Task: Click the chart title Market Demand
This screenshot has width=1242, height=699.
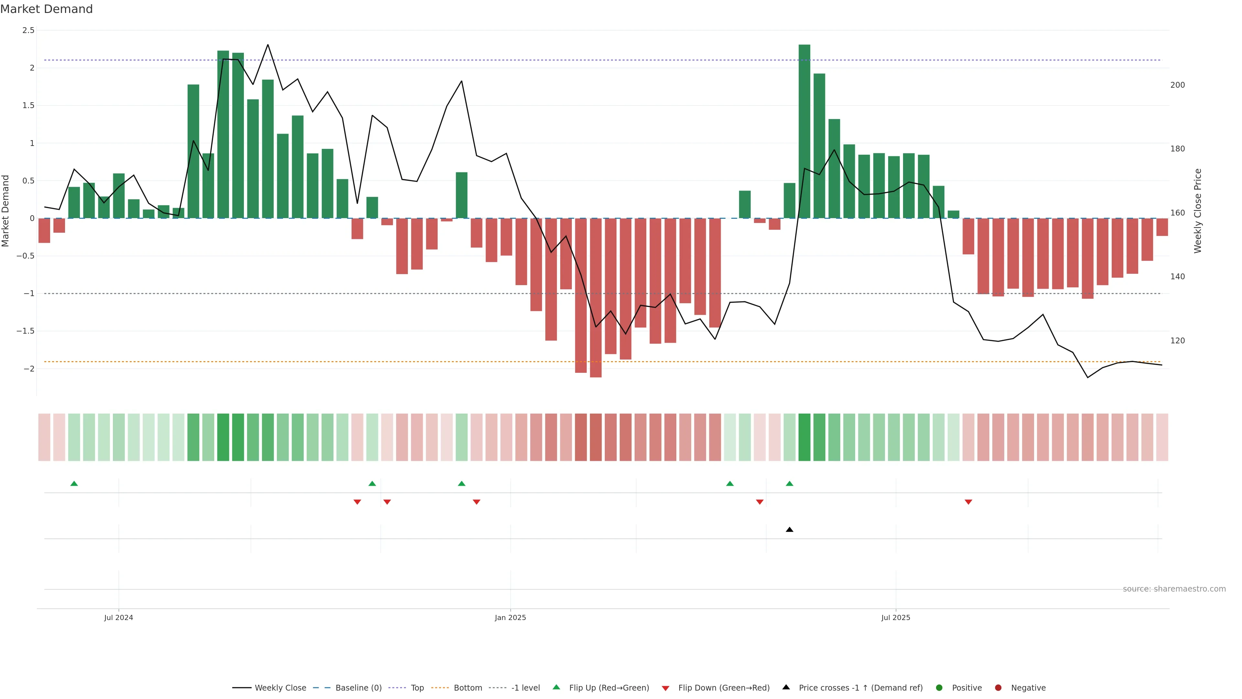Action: pyautogui.click(x=46, y=9)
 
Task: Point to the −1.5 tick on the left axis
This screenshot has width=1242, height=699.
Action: pyautogui.click(x=25, y=331)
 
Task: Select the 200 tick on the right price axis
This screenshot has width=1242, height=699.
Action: pyautogui.click(x=1177, y=85)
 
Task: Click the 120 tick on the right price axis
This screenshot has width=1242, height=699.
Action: pyautogui.click(x=1177, y=340)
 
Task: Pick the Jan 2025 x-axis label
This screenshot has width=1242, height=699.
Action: pyautogui.click(x=510, y=617)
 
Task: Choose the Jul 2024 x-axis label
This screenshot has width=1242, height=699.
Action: pyautogui.click(x=119, y=617)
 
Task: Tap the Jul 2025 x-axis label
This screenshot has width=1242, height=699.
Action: pyautogui.click(x=895, y=617)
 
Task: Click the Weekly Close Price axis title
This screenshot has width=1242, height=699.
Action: pyautogui.click(x=1198, y=211)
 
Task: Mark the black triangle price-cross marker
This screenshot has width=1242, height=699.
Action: pyautogui.click(x=789, y=530)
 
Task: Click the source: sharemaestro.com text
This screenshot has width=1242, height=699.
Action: pyautogui.click(x=1174, y=589)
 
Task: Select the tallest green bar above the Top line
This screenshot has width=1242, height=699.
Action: pyautogui.click(x=804, y=130)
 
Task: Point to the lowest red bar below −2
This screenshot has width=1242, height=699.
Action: pyautogui.click(x=595, y=299)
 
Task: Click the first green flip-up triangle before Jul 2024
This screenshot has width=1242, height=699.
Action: pyautogui.click(x=74, y=483)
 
